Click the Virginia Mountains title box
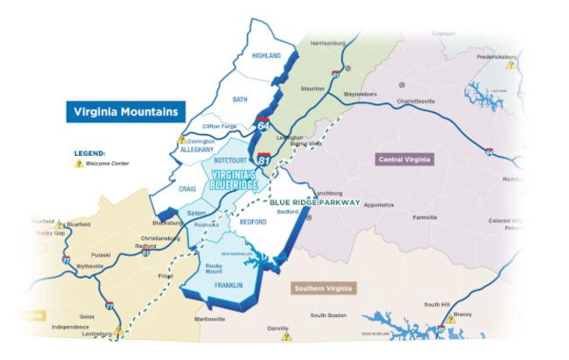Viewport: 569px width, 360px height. coord(127,112)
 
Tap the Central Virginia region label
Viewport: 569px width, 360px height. coord(405,159)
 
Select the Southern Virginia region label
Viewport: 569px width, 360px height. coord(324,287)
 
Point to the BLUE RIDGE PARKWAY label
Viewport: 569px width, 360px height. coord(320,202)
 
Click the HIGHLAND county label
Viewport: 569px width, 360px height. coord(266,56)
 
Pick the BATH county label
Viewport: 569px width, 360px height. coord(240,100)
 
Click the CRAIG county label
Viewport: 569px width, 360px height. coord(187,188)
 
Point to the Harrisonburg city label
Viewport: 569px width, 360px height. coord(329,42)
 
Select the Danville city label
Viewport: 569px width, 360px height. coord(277,328)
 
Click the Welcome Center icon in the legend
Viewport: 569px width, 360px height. coord(79,164)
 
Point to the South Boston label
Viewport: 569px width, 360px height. coord(329,315)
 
